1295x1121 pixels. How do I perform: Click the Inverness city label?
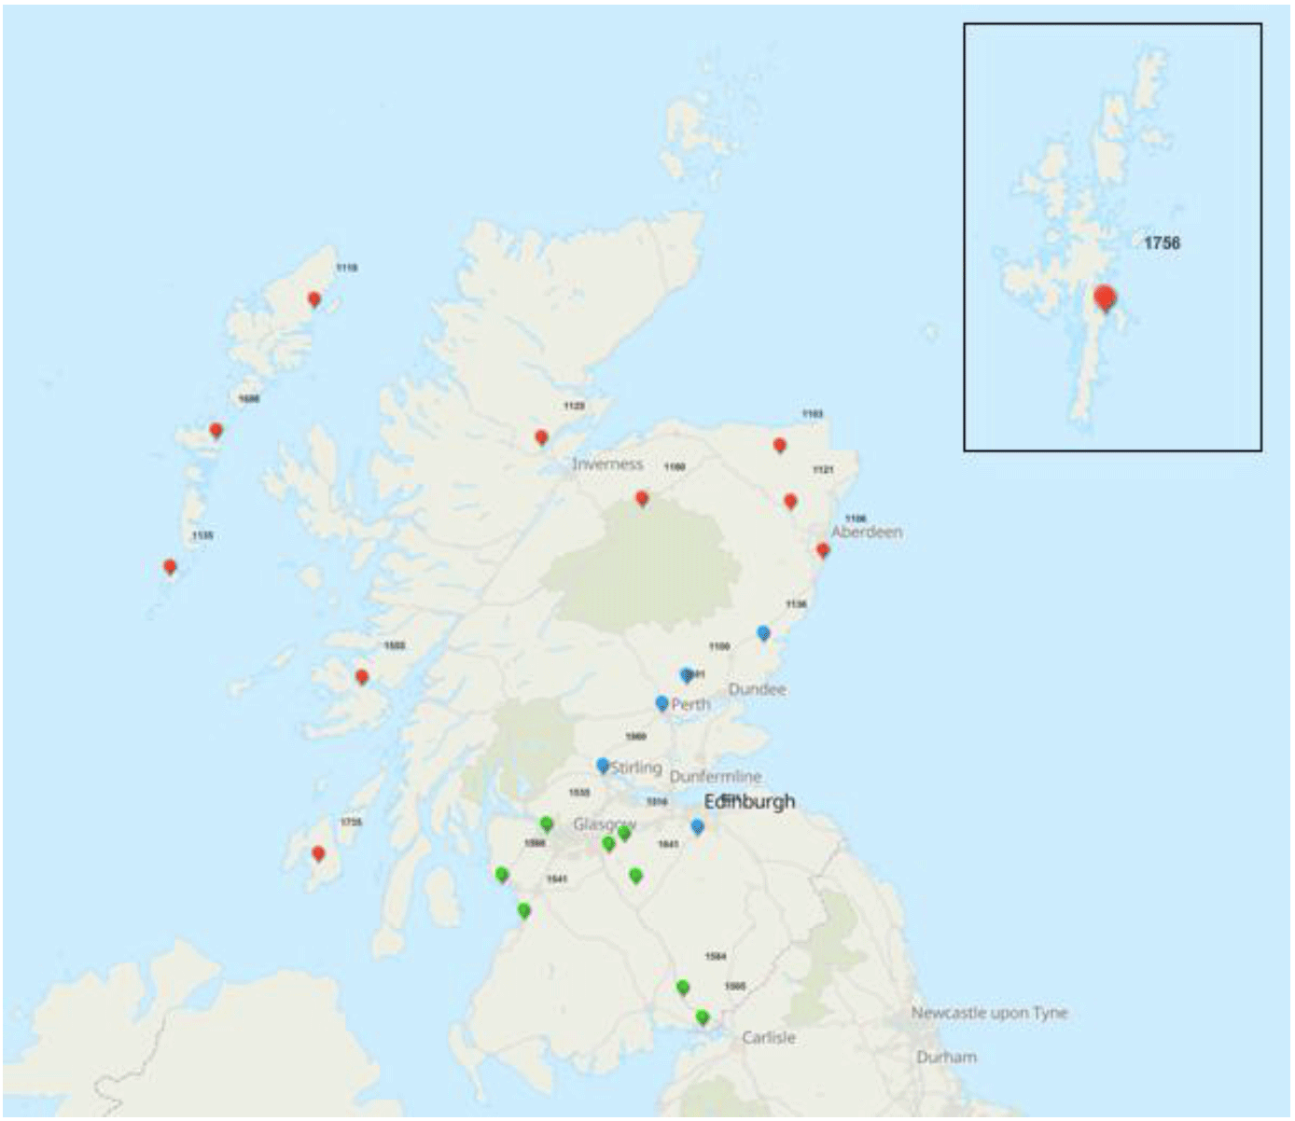click(607, 464)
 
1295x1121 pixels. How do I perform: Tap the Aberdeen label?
click(867, 533)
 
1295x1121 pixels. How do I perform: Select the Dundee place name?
click(757, 689)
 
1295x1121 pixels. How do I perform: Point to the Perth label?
click(691, 704)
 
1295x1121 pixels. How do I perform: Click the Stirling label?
click(636, 768)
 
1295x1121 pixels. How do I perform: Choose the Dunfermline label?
click(716, 776)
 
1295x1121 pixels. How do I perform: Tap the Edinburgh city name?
click(750, 802)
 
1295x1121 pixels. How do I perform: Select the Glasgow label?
click(604, 824)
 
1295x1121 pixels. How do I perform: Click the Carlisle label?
click(769, 1037)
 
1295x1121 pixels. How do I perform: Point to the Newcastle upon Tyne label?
click(989, 1013)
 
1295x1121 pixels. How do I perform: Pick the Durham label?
click(946, 1057)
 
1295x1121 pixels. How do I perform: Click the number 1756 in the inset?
click(1162, 242)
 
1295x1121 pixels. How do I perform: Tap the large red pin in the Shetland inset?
click(1105, 298)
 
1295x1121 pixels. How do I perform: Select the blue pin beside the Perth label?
click(661, 702)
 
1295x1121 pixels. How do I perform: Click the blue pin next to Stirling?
click(603, 766)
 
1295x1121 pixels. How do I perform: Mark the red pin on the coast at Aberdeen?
click(822, 550)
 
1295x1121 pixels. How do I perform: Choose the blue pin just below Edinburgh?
click(697, 826)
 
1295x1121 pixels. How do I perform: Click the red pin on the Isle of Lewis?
click(314, 299)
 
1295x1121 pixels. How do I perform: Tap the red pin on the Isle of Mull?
click(362, 677)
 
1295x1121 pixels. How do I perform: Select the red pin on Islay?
click(318, 853)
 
